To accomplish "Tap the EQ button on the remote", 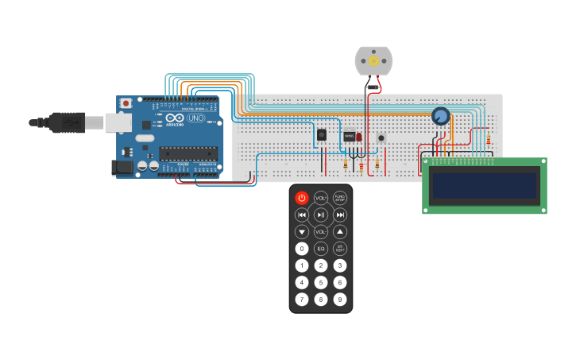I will [321, 249].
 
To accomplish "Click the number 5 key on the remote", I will [321, 282].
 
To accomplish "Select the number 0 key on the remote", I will [302, 249].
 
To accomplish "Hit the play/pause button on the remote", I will [321, 215].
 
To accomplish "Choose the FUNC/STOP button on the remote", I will [340, 198].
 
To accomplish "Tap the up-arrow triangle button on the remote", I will [340, 231].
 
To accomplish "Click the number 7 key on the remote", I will [302, 300].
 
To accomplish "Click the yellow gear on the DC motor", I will [373, 60].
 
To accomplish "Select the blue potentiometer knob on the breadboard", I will [440, 117].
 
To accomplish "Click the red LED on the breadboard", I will [359, 137].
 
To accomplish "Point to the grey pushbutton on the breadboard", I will [381, 137].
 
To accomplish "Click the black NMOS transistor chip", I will [349, 136].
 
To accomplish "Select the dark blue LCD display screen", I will [484, 185].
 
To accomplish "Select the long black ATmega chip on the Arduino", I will [187, 153].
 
